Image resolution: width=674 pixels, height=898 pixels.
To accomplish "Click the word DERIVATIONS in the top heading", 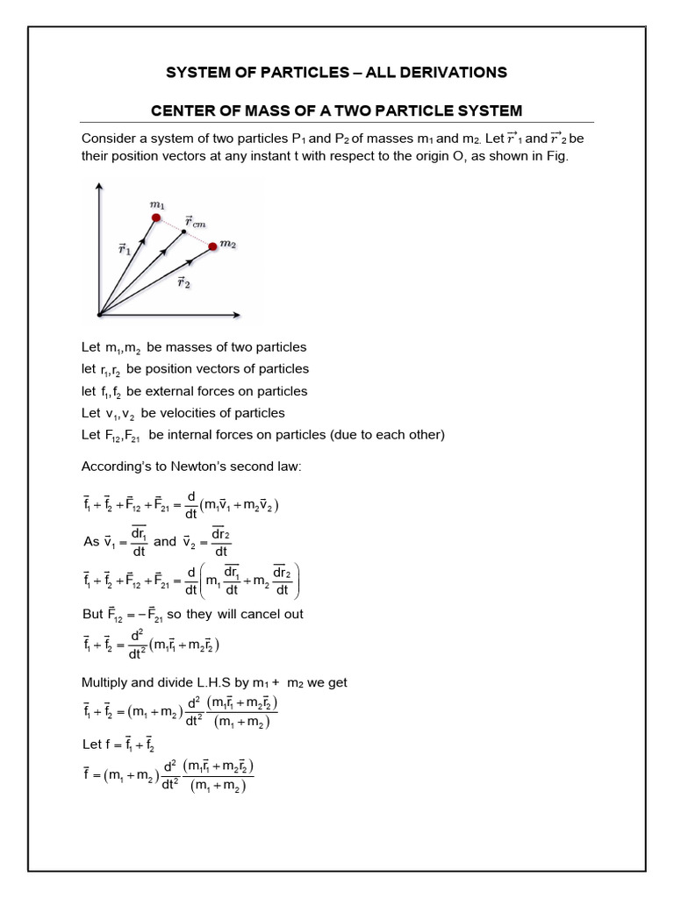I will point(448,72).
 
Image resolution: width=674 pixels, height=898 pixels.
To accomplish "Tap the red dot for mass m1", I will point(156,217).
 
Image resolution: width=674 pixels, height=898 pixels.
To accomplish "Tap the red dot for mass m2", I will point(212,246).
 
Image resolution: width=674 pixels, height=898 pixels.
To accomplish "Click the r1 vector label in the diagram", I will point(125,248).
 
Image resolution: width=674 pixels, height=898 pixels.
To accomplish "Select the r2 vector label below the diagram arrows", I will point(184,282).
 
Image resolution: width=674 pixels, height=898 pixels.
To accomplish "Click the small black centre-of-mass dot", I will point(183,232).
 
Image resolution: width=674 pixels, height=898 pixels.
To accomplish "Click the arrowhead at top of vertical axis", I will point(99,186).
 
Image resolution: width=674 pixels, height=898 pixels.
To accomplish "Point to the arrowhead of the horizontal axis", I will point(240,314).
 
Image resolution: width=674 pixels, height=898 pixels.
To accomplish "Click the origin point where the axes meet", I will point(99,314).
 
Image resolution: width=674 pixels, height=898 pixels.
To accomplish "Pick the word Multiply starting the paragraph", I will point(105,681).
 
